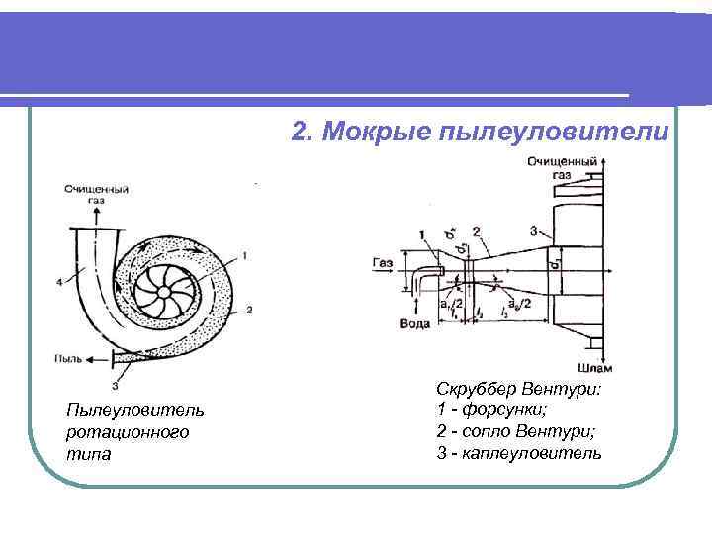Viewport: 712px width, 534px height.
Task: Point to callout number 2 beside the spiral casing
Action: pos(249,311)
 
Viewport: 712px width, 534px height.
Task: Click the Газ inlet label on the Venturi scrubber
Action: pos(384,264)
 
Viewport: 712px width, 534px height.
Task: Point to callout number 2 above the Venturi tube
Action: pos(477,231)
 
